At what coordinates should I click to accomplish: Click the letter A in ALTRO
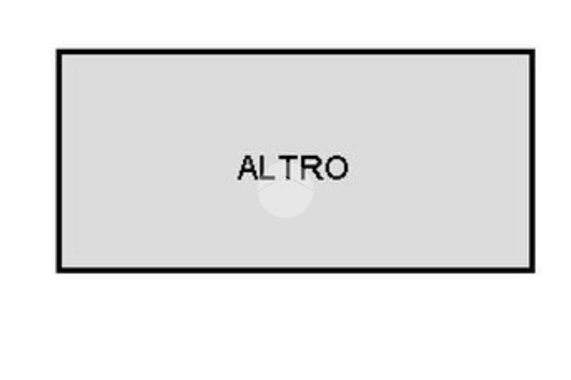248,168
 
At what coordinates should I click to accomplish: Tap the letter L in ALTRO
267,168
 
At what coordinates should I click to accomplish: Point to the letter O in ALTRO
336,168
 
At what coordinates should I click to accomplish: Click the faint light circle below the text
285,191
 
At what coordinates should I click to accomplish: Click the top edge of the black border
296,52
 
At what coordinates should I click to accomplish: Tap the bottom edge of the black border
296,270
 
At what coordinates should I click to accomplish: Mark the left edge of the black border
59,160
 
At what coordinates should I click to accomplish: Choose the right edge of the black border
532,160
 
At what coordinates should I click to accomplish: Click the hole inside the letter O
336,168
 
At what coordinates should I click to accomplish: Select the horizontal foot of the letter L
269,178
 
